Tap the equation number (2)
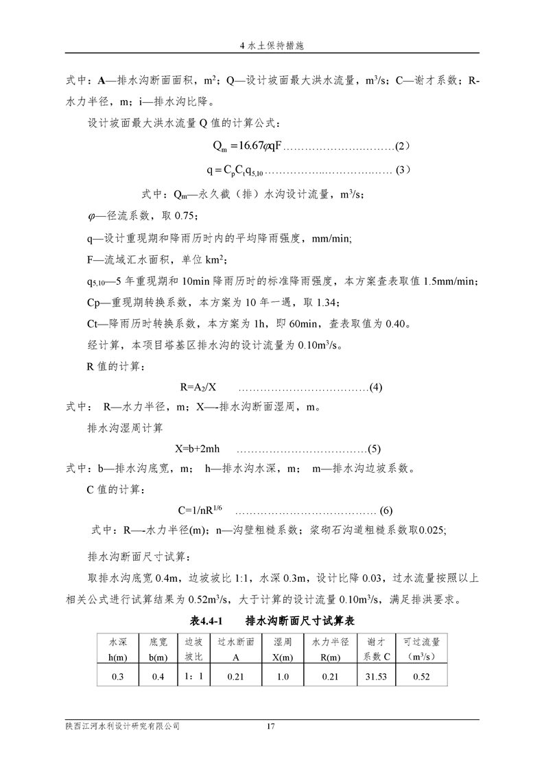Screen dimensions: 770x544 click(403, 148)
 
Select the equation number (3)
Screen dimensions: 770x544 click(403, 170)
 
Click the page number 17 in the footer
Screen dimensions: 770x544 click(270, 726)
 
